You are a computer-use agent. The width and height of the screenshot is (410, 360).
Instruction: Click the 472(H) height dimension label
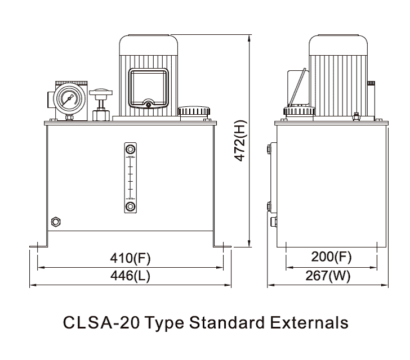(x=240, y=141)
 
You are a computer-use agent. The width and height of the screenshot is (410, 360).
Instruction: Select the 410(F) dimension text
(x=130, y=258)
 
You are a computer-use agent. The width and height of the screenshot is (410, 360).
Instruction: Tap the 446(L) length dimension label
(x=130, y=276)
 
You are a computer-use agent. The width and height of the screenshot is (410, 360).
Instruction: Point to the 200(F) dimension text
(x=331, y=256)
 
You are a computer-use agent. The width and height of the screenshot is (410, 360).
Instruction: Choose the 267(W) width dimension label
(x=328, y=276)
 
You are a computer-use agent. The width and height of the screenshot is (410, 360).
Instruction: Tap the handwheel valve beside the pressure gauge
(x=101, y=105)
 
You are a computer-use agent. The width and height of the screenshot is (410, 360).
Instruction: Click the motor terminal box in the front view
(x=149, y=88)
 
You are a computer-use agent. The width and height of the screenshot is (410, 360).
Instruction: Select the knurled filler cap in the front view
(x=194, y=111)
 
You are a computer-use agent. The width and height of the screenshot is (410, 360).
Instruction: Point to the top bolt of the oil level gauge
(x=130, y=150)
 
